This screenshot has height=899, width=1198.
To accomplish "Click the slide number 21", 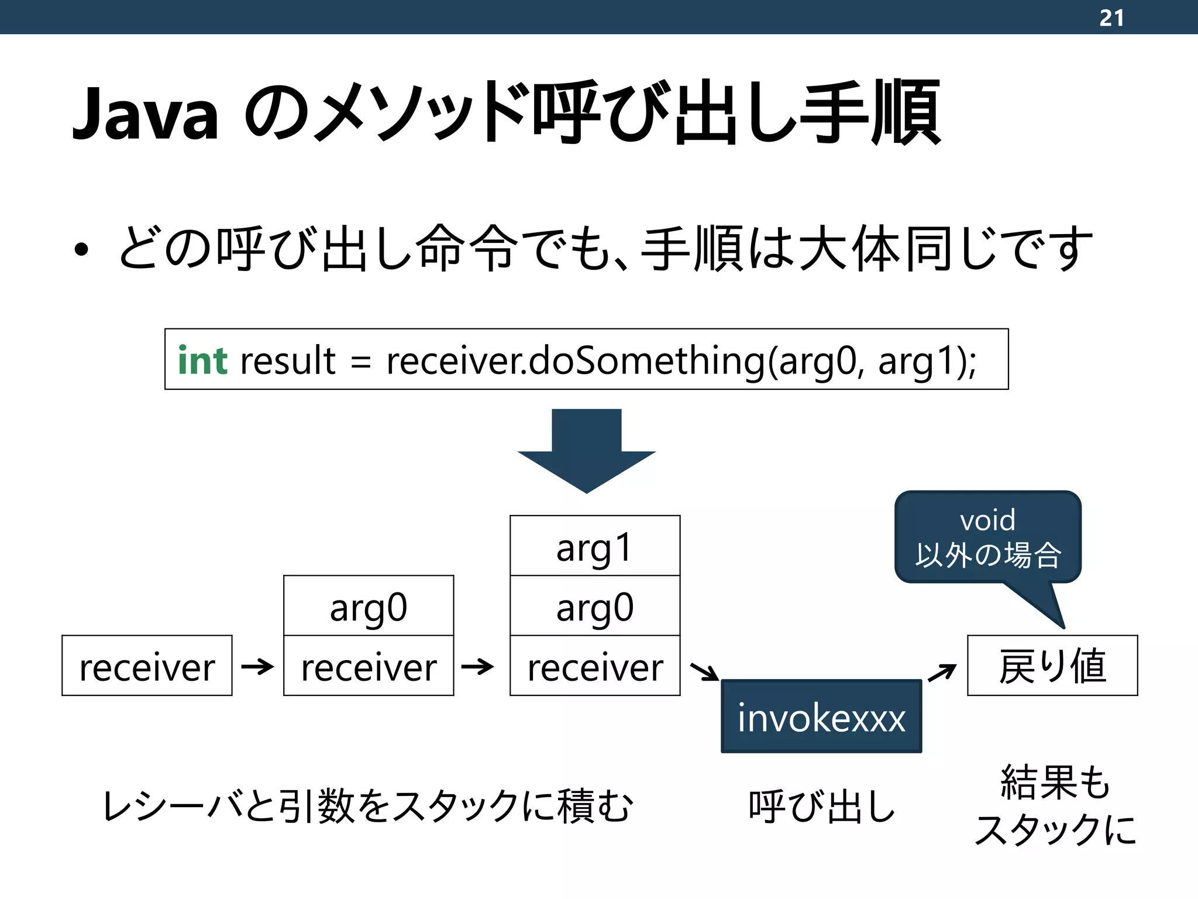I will [x=1111, y=18].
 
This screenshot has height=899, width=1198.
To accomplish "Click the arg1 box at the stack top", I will [x=595, y=546].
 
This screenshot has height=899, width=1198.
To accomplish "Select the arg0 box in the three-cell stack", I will [x=595, y=606].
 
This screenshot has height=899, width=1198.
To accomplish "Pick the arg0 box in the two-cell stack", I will [x=369, y=606].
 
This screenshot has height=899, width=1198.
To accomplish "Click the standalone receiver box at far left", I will [x=147, y=666].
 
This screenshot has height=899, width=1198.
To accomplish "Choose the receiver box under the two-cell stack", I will [x=369, y=666].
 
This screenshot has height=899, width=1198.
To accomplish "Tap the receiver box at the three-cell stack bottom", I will [x=595, y=666].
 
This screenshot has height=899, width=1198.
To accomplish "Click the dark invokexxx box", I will [x=821, y=716].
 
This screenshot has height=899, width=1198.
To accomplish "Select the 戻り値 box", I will [x=1052, y=666].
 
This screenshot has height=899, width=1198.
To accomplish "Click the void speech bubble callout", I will [x=987, y=537].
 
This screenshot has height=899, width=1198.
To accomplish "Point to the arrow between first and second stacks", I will [x=257, y=666].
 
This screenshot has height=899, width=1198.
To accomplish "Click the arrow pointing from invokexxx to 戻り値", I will [x=942, y=673].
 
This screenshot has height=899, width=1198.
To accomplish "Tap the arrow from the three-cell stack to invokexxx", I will [x=704, y=672].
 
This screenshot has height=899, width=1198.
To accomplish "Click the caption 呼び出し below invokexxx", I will [x=821, y=807].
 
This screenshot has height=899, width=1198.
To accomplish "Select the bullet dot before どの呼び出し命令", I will [x=81, y=249].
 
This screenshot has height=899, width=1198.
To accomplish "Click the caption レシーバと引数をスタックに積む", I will [x=367, y=807].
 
